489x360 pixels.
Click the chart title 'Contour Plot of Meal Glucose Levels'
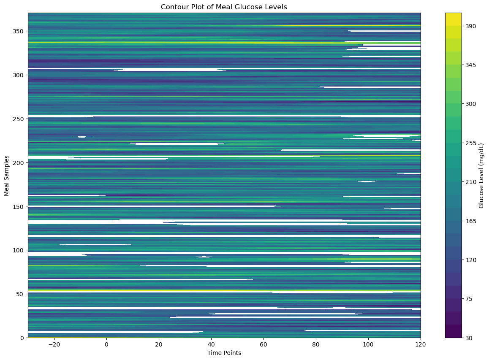tap(224, 7)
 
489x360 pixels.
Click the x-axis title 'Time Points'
tap(224, 353)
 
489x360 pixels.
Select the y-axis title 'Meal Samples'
tap(7, 175)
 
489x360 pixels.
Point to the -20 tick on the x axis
tap(54, 344)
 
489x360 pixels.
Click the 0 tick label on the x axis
tap(106, 344)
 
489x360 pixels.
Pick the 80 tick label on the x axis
tap(316, 344)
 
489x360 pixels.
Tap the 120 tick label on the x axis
tap(421, 344)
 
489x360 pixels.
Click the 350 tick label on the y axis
tap(18, 31)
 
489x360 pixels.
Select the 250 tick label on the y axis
tap(18, 119)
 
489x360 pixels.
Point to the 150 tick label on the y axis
tap(18, 206)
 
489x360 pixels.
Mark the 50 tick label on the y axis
tap(20, 294)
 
